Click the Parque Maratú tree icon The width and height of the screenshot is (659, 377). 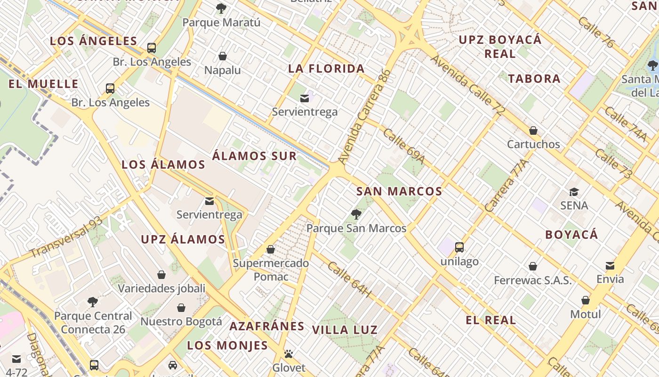point(221,8)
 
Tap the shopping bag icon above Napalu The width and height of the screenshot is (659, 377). point(223,56)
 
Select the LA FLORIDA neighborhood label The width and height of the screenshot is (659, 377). point(326,69)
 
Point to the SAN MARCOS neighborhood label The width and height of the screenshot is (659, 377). point(399,191)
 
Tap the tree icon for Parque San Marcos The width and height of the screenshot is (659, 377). point(356,214)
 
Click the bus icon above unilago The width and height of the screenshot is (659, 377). point(459,247)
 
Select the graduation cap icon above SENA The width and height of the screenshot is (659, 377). point(574,192)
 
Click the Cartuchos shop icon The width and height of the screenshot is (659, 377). point(533,131)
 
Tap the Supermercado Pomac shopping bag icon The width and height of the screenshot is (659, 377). point(271,249)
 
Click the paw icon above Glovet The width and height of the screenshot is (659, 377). point(289,353)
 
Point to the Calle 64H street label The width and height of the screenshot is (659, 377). point(349,280)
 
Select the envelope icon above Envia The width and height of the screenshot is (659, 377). point(610,265)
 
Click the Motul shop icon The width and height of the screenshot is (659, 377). point(586,300)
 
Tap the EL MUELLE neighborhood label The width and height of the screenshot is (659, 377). point(43,84)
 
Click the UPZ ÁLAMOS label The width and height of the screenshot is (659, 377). point(183,239)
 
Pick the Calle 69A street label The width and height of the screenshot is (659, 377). point(403,147)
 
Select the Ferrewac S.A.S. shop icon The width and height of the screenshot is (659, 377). point(533,267)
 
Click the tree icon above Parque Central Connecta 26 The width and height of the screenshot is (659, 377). point(93,302)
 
